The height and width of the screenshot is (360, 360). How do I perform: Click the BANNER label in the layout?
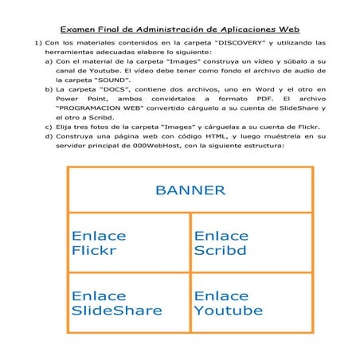point(190,190)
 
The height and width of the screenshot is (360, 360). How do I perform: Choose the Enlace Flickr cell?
point(129,243)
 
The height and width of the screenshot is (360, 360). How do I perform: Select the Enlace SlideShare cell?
point(129,303)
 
